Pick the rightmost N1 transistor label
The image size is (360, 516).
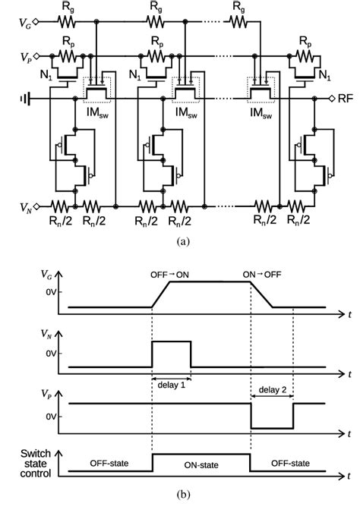click(x=324, y=77)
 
